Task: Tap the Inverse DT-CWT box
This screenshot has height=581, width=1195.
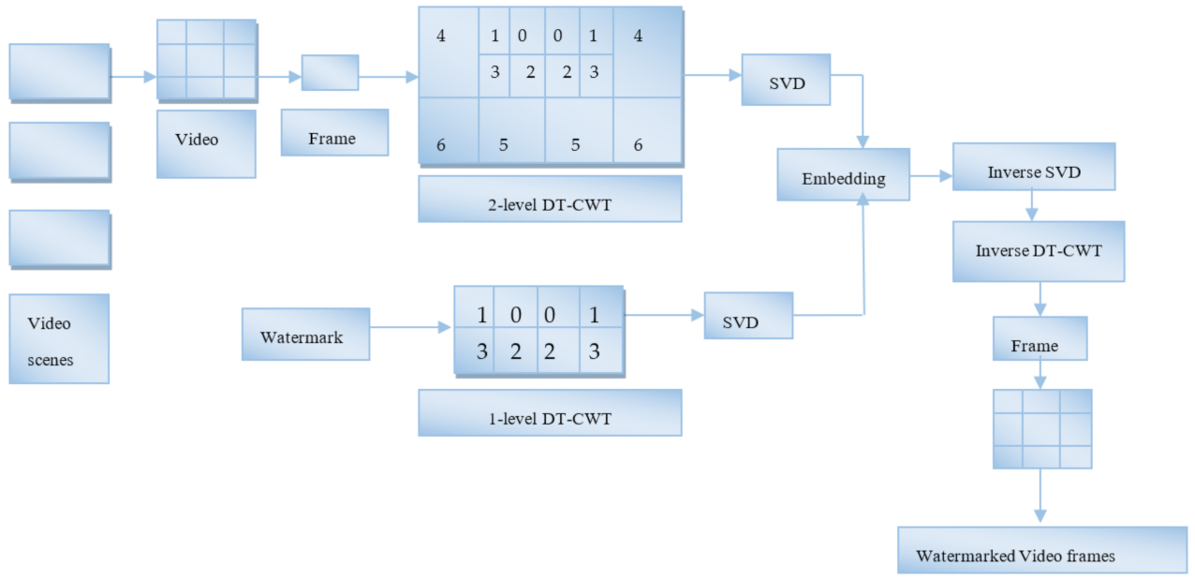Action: click(1038, 251)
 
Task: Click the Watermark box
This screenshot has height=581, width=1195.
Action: click(305, 335)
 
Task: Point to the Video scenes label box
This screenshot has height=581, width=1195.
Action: click(59, 339)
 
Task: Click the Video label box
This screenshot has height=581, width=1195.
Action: click(206, 143)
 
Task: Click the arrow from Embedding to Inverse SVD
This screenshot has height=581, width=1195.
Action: click(931, 175)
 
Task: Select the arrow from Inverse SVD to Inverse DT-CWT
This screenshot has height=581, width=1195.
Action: click(1030, 205)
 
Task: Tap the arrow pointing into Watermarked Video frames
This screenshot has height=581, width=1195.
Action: click(1040, 497)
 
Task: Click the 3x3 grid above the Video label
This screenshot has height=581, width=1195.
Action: click(206, 59)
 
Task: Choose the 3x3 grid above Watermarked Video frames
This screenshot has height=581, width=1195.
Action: click(1041, 428)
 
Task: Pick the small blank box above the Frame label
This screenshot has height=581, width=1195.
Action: click(330, 72)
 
